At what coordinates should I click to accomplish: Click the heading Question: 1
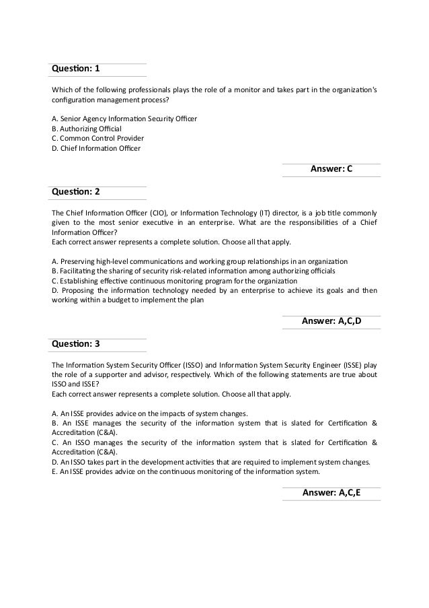click(x=75, y=69)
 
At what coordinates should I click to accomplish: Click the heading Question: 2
click(x=75, y=192)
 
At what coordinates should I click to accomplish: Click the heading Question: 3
click(x=75, y=344)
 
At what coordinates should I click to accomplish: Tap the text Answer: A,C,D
click(x=331, y=321)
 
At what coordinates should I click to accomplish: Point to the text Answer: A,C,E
click(x=331, y=493)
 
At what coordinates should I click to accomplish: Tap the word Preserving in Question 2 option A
click(x=78, y=261)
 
